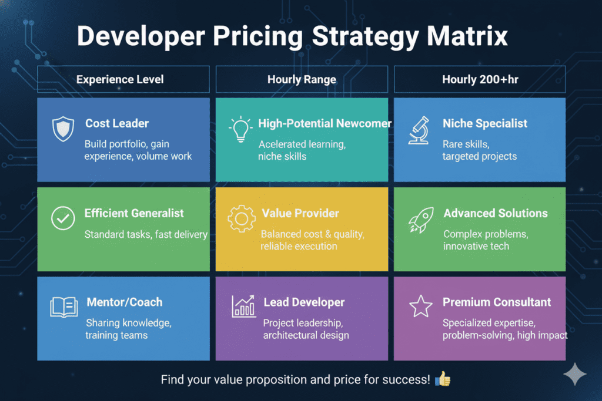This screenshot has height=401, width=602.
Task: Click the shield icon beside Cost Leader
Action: [63, 130]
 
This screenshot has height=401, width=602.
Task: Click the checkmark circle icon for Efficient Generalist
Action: [63, 218]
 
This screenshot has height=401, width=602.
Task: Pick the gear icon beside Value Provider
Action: [241, 219]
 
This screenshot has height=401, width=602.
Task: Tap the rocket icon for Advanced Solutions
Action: [420, 219]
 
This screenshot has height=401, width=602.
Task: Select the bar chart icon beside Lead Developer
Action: [243, 307]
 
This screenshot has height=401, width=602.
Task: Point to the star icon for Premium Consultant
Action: [420, 307]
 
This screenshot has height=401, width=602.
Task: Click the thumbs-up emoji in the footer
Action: [442, 380]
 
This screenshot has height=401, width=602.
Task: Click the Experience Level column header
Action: [123, 79]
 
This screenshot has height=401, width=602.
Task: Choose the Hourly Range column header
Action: [302, 79]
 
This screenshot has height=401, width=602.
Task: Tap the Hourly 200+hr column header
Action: [479, 79]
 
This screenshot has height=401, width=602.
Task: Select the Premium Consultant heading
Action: [497, 302]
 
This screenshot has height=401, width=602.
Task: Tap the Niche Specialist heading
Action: [484, 123]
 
